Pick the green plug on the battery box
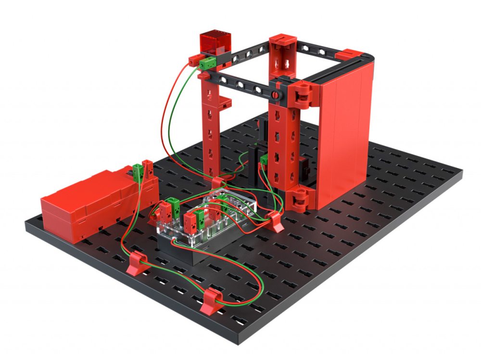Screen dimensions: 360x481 click(x=139, y=170)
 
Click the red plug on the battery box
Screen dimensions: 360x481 click(x=147, y=168)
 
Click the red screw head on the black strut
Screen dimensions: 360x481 click(x=274, y=95)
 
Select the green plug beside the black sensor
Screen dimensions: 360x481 click(x=263, y=161)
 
